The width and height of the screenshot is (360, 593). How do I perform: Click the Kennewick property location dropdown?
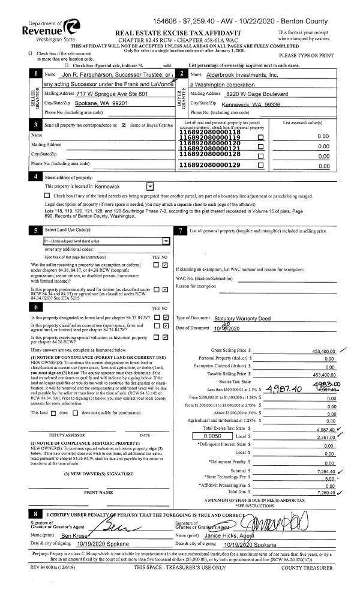[x=150, y=187]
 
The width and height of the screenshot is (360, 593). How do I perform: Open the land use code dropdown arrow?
[x=165, y=240]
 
